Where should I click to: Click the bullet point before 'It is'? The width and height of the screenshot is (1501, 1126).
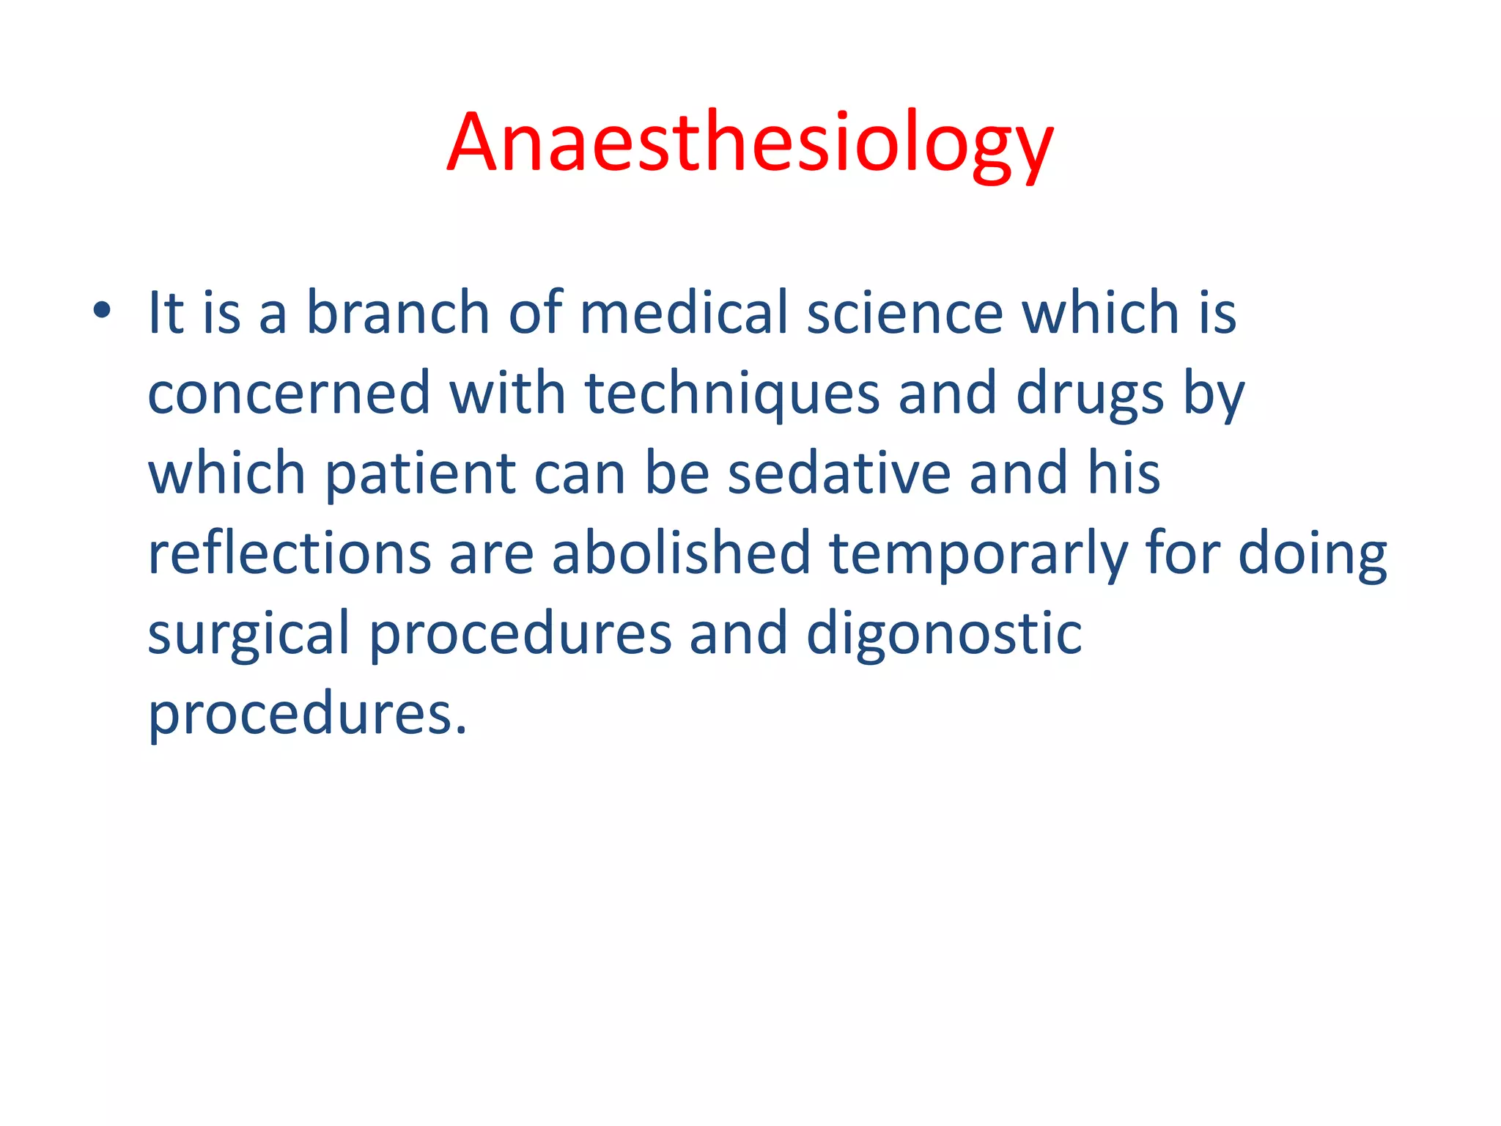coord(102,311)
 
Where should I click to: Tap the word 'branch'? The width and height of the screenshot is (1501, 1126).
coord(397,313)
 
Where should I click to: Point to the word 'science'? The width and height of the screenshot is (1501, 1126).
coord(904,313)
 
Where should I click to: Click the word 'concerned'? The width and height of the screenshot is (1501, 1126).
coord(289,394)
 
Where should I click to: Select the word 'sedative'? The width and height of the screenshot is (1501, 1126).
coord(838,474)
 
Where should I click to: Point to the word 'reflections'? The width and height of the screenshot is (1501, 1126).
coord(289,553)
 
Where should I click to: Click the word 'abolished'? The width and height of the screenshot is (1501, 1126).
coord(680,553)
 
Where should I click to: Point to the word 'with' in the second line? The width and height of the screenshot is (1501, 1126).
coord(507,394)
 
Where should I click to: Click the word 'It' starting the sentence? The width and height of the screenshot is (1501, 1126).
coord(166,313)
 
